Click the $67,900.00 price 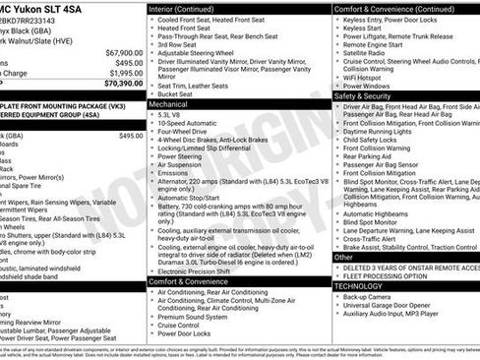pyautogui.click(x=121, y=52)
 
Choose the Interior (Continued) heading pyautogui.click(x=188, y=8)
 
